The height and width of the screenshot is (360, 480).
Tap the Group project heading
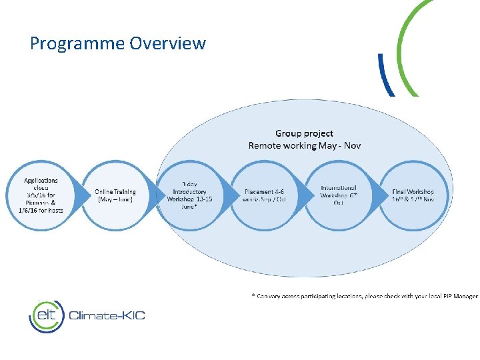[304, 134]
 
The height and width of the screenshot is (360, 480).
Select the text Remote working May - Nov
[304, 145]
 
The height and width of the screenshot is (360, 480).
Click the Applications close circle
[41, 195]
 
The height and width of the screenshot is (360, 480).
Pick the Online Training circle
[115, 195]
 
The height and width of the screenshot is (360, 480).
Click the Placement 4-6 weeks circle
[264, 195]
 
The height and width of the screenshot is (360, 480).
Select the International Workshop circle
[339, 195]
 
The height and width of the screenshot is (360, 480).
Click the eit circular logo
[46, 315]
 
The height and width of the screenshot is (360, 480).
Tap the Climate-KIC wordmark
[107, 315]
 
